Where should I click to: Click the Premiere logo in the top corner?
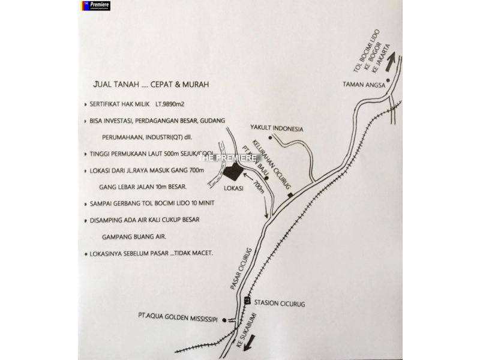[x=94, y=5]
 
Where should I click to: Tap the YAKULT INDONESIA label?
[x=277, y=128]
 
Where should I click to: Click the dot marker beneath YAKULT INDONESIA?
[x=271, y=138]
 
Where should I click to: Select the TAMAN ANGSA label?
[x=362, y=84]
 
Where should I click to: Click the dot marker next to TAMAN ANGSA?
[x=388, y=80]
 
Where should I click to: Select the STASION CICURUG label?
[x=280, y=304]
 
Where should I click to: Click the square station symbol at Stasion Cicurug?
[x=247, y=299]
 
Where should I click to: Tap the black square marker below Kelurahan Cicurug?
[x=290, y=196]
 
